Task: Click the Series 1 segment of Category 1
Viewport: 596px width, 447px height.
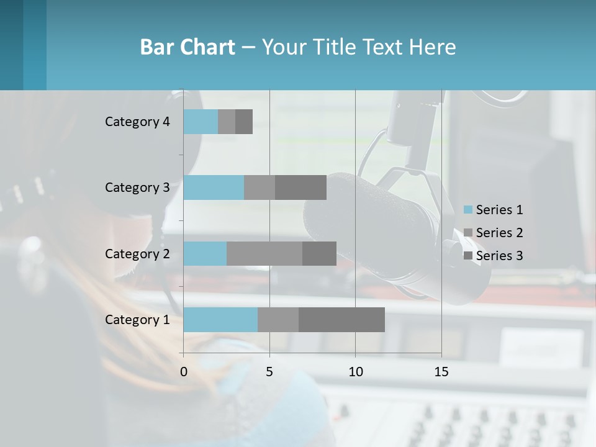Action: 220,320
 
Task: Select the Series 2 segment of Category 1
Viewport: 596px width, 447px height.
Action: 278,320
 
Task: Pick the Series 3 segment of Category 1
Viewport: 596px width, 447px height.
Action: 341,320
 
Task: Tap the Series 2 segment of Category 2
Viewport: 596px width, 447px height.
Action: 264,253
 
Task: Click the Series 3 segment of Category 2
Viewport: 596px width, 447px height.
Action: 319,253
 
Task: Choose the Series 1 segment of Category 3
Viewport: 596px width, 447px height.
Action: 214,187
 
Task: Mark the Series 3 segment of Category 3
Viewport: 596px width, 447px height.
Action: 300,187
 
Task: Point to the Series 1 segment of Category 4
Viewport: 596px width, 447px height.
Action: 201,122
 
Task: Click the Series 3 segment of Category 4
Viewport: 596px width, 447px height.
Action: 244,122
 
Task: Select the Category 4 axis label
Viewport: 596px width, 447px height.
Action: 137,122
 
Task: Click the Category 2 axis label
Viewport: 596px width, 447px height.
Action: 137,253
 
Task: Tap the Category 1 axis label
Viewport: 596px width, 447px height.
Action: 137,320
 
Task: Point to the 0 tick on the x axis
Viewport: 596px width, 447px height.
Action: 184,372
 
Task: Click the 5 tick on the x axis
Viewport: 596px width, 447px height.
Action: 269,372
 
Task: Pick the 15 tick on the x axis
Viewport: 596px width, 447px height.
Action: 441,372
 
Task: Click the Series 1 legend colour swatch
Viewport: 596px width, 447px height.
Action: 468,210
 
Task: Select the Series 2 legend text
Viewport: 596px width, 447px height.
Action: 499,233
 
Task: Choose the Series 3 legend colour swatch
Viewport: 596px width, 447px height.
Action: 468,256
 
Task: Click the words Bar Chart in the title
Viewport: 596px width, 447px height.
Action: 187,47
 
